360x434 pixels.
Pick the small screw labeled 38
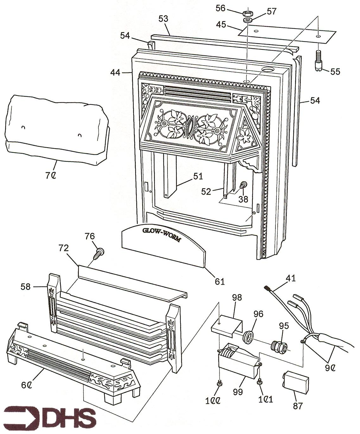[x=243, y=186]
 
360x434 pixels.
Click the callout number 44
[x=115, y=72]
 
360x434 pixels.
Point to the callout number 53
[x=164, y=19]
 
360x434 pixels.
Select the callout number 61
[x=220, y=281]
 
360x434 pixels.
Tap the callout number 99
[x=238, y=392]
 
